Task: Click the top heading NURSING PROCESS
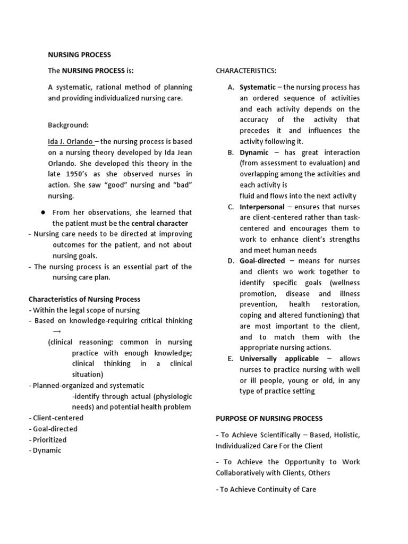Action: (80, 54)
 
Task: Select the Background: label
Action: (68, 125)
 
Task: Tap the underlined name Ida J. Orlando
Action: (70, 141)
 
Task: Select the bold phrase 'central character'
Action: (159, 223)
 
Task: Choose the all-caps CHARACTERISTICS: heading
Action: (245, 71)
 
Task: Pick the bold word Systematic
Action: (258, 87)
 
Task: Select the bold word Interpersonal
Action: (263, 207)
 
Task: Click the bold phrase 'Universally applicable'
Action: (279, 359)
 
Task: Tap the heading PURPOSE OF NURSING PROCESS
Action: (269, 419)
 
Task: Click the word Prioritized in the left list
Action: (50, 440)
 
